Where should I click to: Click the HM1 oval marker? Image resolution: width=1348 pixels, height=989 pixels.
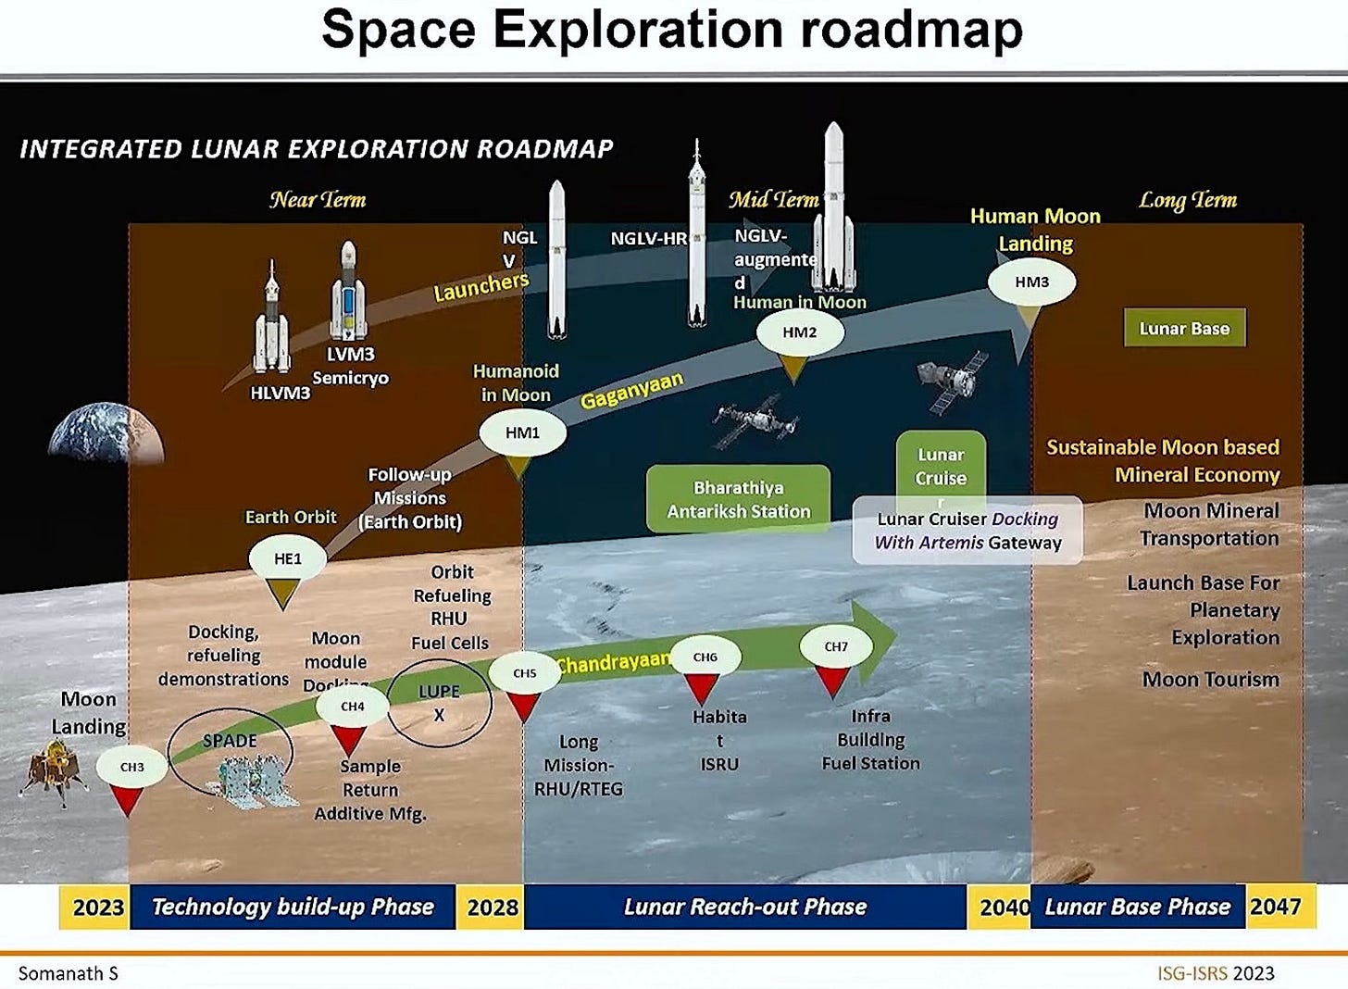pyautogui.click(x=522, y=432)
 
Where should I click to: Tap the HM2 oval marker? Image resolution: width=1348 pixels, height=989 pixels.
pyautogui.click(x=800, y=332)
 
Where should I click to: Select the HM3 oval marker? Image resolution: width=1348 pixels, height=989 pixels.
pyautogui.click(x=1031, y=282)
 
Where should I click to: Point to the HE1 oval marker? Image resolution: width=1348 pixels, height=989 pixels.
pyautogui.click(x=287, y=558)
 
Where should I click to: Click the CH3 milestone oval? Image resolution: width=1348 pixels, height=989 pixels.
pyautogui.click(x=132, y=767)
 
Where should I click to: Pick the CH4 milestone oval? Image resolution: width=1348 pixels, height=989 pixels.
pyautogui.click(x=352, y=707)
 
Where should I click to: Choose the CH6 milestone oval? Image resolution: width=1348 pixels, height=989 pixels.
pyautogui.click(x=705, y=657)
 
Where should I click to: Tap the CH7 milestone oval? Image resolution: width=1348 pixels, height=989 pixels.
pyautogui.click(x=835, y=646)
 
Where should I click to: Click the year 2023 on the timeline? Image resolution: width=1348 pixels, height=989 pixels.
pyautogui.click(x=98, y=907)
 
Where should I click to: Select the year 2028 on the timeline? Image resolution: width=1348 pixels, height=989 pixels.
pyautogui.click(x=492, y=907)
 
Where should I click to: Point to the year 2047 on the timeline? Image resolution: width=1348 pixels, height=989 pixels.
pyautogui.click(x=1275, y=907)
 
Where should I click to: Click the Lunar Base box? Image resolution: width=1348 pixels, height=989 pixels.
pyautogui.click(x=1184, y=329)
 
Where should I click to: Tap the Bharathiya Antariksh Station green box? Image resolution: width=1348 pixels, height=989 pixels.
pyautogui.click(x=738, y=499)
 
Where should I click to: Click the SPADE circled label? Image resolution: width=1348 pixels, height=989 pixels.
pyautogui.click(x=230, y=742)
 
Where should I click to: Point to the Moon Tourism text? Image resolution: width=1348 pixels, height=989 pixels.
pyautogui.click(x=1210, y=680)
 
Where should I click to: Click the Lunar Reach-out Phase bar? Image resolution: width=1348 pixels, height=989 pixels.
pyautogui.click(x=744, y=907)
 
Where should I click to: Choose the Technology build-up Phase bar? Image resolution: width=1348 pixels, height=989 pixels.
pyautogui.click(x=293, y=907)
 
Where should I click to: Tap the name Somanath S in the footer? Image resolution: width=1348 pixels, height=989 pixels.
pyautogui.click(x=69, y=973)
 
